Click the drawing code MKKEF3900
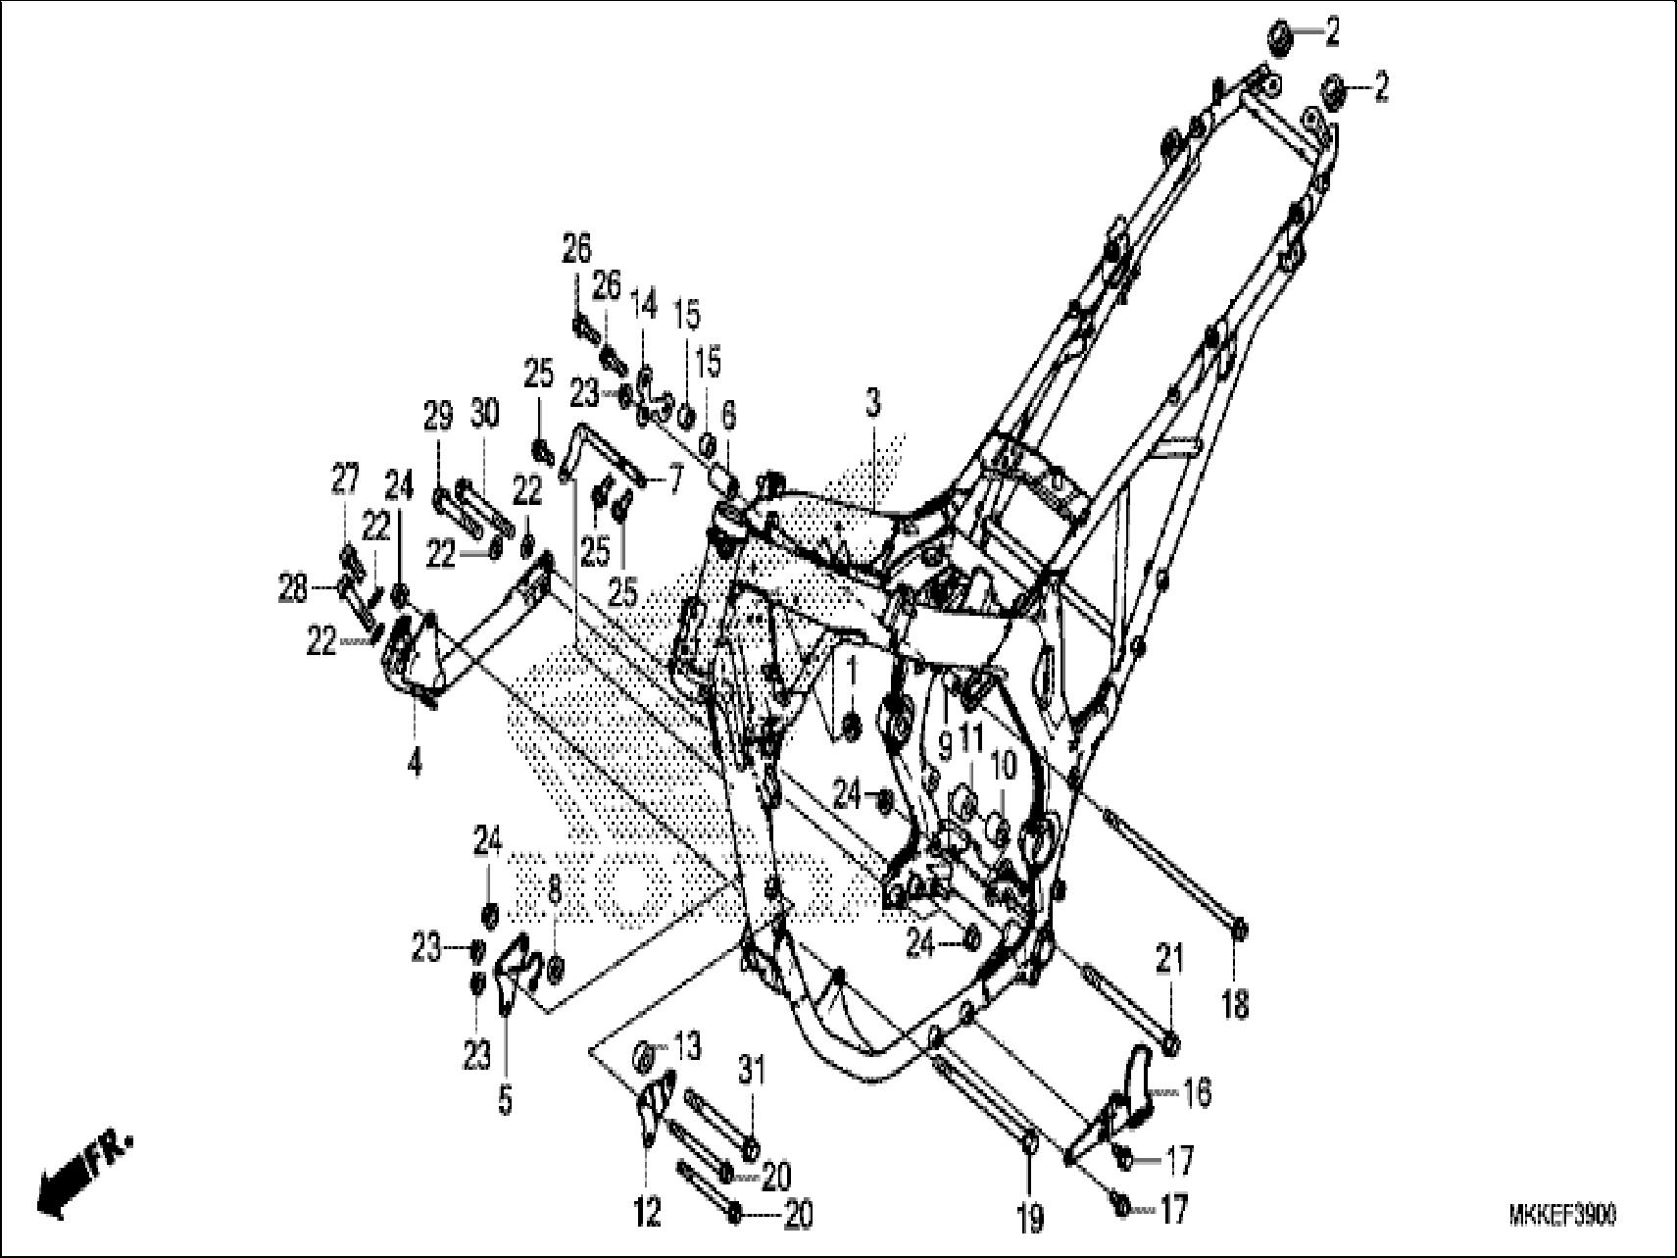[1562, 1216]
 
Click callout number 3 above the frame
[872, 402]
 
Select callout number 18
[1236, 1003]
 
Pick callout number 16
[1197, 1091]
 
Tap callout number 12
[648, 1212]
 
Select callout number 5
[505, 1101]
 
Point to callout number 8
[554, 890]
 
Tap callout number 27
[344, 480]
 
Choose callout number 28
[292, 589]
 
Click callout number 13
[687, 1047]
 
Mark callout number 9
[945, 747]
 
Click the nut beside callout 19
[1029, 1147]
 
